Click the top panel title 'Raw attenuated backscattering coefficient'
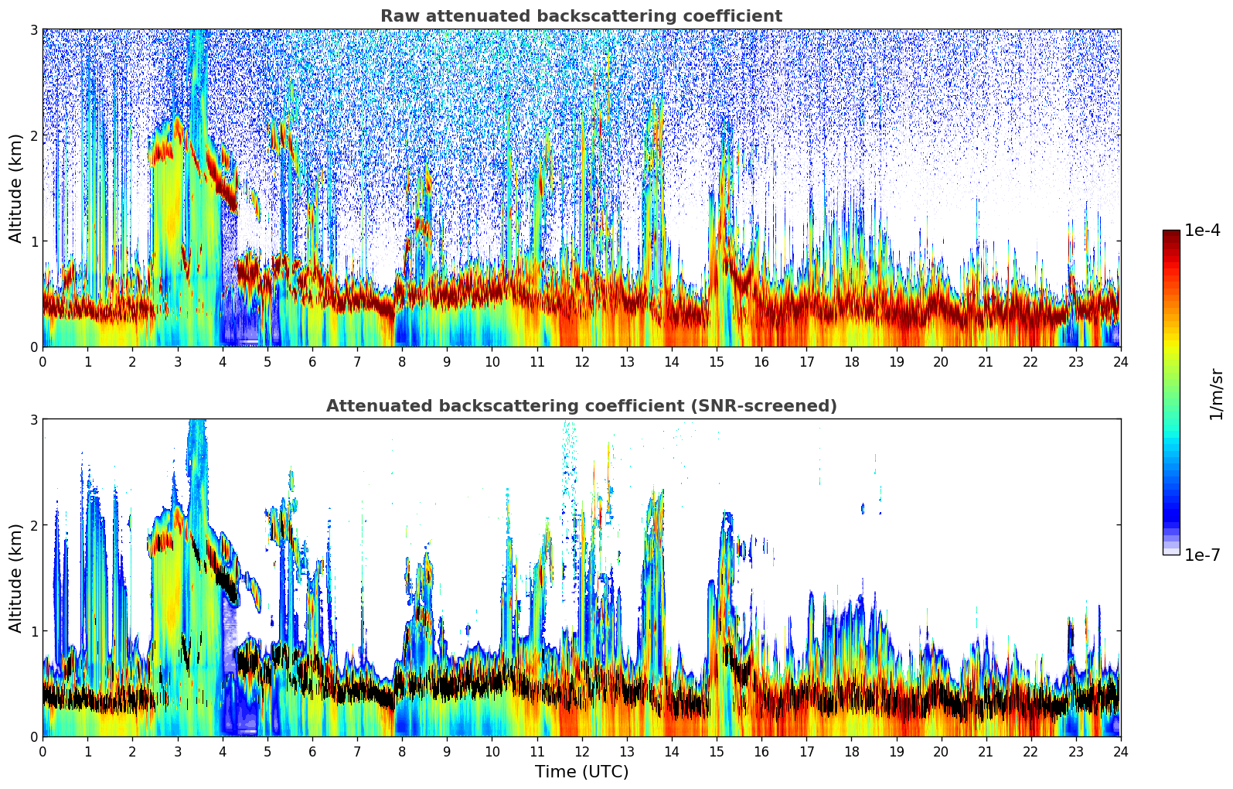581,16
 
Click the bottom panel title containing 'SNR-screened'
581,406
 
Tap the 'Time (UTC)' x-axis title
581,772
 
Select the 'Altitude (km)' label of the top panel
16,188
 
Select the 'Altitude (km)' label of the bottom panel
16,578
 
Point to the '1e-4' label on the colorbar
1202,231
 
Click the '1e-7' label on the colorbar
1202,555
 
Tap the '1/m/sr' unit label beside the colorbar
1216,394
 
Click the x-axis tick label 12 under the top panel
581,362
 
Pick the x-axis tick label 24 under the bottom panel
1120,752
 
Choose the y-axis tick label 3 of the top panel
33,29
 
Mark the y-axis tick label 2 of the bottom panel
33,525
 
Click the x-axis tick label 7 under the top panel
357,362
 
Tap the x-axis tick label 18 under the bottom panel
851,752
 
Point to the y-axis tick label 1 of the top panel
33,241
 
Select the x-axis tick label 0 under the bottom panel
43,752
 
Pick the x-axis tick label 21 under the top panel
986,362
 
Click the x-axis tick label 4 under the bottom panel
223,752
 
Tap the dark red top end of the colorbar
1171,234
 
